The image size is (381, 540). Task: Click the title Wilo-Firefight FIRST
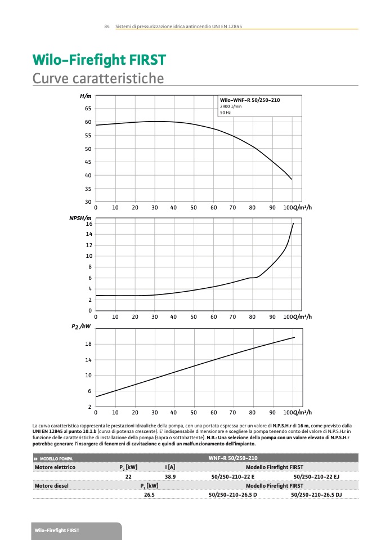99,60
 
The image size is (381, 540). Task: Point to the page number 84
106,27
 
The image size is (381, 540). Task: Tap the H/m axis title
86,97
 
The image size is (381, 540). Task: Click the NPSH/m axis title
80,217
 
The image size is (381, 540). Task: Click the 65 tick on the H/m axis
88,108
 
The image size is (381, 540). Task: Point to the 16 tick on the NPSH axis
88,224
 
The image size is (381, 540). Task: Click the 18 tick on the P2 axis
88,344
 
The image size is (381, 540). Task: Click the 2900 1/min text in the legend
230,106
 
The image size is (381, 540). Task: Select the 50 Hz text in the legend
225,113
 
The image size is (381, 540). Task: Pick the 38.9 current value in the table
170,476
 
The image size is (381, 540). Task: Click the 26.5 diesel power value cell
149,494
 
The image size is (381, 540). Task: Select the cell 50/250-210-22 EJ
316,476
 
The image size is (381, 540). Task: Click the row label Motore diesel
51,485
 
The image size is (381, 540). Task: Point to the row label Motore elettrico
55,467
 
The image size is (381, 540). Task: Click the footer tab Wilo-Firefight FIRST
57,531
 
